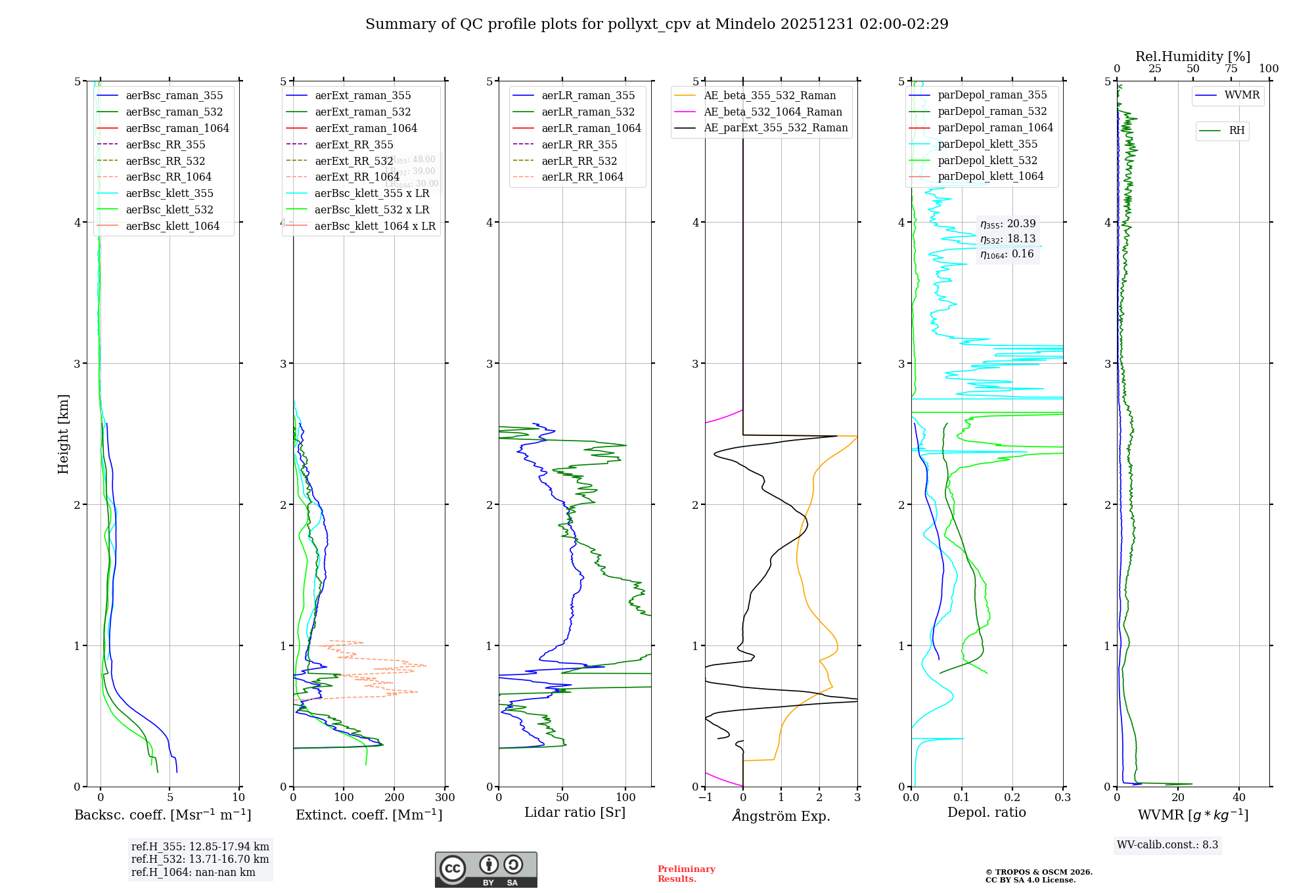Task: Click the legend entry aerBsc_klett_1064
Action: (x=172, y=226)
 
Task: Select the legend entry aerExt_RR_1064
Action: (x=357, y=177)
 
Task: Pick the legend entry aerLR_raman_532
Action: (x=587, y=112)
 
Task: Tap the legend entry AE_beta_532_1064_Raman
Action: (x=772, y=112)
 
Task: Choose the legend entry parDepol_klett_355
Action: (x=987, y=144)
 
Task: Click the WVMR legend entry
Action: (x=1241, y=95)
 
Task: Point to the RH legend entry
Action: (x=1236, y=131)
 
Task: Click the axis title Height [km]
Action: (x=63, y=433)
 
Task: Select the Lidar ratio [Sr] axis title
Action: (x=574, y=812)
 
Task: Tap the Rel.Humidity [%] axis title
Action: (x=1192, y=56)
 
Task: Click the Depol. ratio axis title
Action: (x=986, y=812)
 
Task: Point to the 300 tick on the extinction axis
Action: (x=445, y=798)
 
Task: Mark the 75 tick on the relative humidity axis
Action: (x=1231, y=69)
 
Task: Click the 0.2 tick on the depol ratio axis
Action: (x=1012, y=798)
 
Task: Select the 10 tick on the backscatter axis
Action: (x=238, y=798)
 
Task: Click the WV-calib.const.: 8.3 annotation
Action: (x=1167, y=844)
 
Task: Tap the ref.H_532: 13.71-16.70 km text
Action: (x=200, y=859)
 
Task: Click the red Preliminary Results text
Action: (x=686, y=874)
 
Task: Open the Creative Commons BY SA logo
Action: (x=486, y=869)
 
